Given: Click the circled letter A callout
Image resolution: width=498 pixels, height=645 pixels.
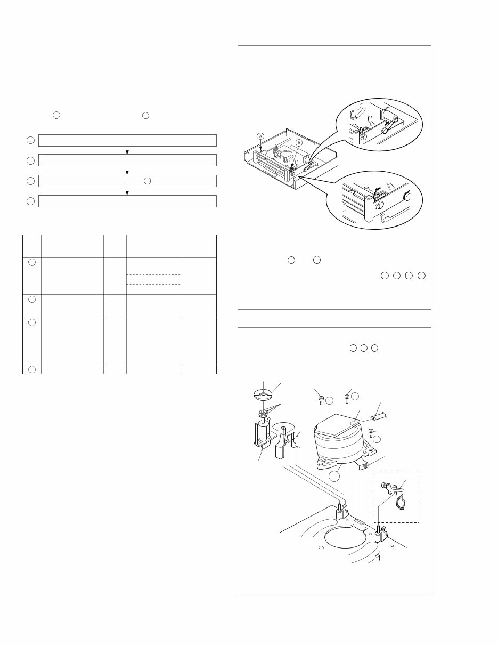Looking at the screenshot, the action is (x=260, y=136).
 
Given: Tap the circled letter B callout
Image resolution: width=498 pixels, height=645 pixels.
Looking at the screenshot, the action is (x=299, y=143).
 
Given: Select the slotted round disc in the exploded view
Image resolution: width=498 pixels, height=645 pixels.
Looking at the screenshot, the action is (x=264, y=394).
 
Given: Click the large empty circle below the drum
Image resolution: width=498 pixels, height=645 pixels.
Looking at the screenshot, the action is (x=334, y=476).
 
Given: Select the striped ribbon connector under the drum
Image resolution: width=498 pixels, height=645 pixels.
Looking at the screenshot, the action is (x=363, y=466).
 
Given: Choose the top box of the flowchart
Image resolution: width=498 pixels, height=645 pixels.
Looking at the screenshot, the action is (x=127, y=140).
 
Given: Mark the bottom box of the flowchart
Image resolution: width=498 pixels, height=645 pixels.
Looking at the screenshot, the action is (x=127, y=201).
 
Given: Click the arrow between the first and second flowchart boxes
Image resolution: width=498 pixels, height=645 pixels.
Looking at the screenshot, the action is (x=127, y=150).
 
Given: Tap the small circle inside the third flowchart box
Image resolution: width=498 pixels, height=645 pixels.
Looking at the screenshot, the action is (x=147, y=181).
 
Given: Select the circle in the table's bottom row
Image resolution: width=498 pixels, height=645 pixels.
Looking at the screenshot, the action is (x=32, y=369).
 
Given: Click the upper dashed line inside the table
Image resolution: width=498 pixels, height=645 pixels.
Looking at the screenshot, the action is (x=153, y=275).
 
